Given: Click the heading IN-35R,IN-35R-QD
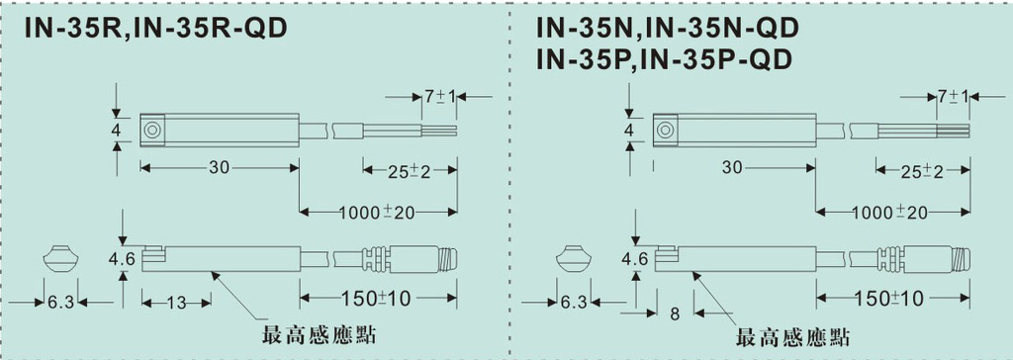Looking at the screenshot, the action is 155,29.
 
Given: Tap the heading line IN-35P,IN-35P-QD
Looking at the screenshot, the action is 664,60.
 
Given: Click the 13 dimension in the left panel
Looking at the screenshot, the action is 176,302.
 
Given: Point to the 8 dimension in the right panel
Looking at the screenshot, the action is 675,315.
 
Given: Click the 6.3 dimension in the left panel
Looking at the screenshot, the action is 60,302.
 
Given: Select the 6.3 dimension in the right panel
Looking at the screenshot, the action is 574,302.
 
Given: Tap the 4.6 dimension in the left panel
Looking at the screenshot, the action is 122,260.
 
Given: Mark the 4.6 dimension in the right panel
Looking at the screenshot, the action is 636,260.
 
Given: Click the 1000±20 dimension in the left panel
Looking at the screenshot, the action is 377,213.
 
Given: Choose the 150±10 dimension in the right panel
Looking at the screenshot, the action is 892,298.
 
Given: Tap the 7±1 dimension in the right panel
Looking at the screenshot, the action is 953,97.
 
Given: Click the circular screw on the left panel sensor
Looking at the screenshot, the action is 151,130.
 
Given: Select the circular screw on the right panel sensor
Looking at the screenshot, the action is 665,130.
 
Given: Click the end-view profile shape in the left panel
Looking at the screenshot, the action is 60,258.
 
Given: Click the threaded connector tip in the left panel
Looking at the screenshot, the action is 450,258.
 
